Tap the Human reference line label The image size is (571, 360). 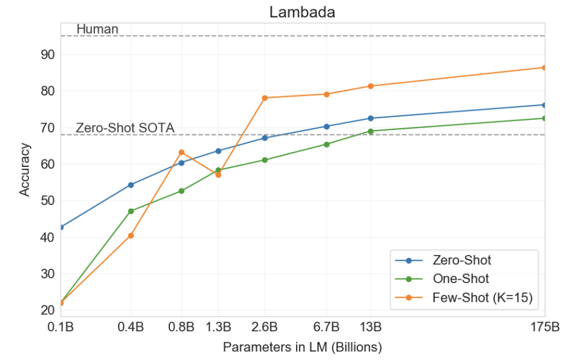click(97, 29)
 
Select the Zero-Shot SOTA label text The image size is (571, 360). click(125, 128)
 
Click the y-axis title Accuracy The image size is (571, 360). click(24, 169)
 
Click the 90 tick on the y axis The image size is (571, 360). click(48, 55)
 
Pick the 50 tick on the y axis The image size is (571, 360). click(48, 201)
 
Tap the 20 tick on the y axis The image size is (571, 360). click(48, 311)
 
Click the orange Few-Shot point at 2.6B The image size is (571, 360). click(265, 97)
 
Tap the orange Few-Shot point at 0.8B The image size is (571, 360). click(182, 152)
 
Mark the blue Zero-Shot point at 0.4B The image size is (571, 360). click(131, 185)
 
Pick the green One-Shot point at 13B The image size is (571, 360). click(370, 131)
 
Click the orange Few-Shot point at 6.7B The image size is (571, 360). click(326, 94)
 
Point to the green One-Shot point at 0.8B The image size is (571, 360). click(182, 191)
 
